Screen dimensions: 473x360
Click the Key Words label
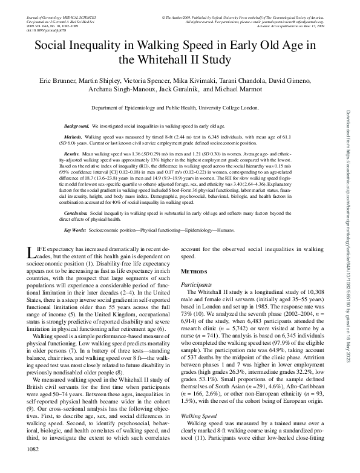click(76, 230)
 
